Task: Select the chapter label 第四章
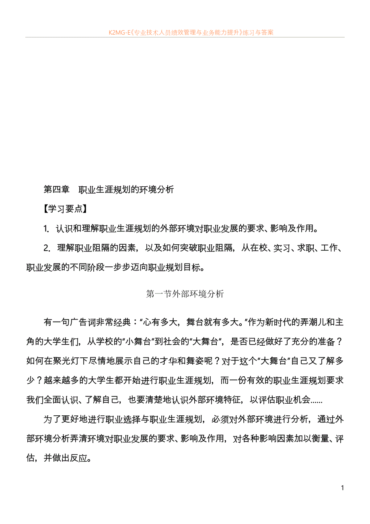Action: [56, 189]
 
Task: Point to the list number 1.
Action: [46, 229]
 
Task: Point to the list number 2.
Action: [46, 248]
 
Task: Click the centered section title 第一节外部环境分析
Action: [185, 294]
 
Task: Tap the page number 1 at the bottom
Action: [342, 488]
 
